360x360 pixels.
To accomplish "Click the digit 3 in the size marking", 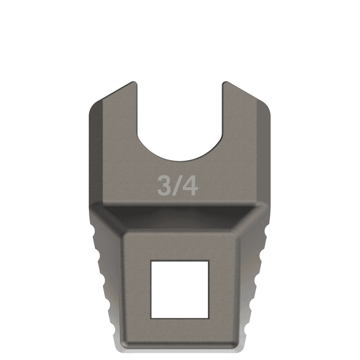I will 164,186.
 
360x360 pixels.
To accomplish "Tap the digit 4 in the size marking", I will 190,186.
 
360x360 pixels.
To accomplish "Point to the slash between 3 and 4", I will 177,186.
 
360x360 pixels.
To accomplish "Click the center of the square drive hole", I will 180,287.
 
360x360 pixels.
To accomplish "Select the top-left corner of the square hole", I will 151,261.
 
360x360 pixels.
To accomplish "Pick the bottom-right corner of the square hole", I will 209,314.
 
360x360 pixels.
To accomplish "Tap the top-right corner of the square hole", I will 209,261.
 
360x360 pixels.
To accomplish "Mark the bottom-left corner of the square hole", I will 151,314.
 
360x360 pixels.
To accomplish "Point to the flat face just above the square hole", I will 180,245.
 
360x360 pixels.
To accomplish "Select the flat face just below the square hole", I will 180,329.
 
